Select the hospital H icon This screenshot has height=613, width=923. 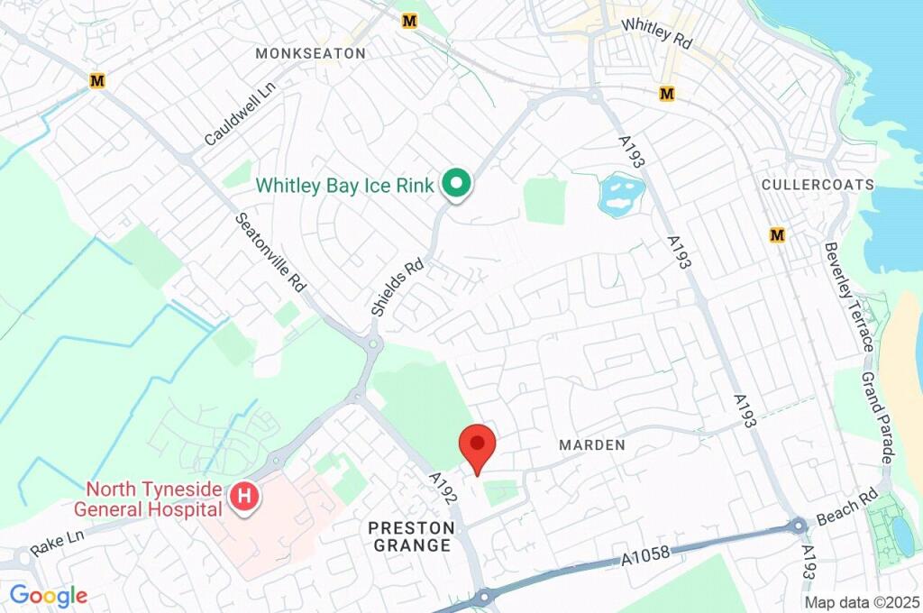242,495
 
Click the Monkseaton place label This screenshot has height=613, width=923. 310,53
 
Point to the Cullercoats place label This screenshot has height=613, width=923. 818,185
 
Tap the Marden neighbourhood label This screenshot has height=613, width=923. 591,445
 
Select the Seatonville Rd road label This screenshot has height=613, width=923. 270,252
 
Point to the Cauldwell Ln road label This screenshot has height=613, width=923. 239,114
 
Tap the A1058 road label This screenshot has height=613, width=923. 645,556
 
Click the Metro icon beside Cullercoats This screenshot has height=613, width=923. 777,235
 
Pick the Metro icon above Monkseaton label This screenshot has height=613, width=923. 410,20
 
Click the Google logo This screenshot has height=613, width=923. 49,595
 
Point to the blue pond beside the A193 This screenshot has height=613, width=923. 621,194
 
